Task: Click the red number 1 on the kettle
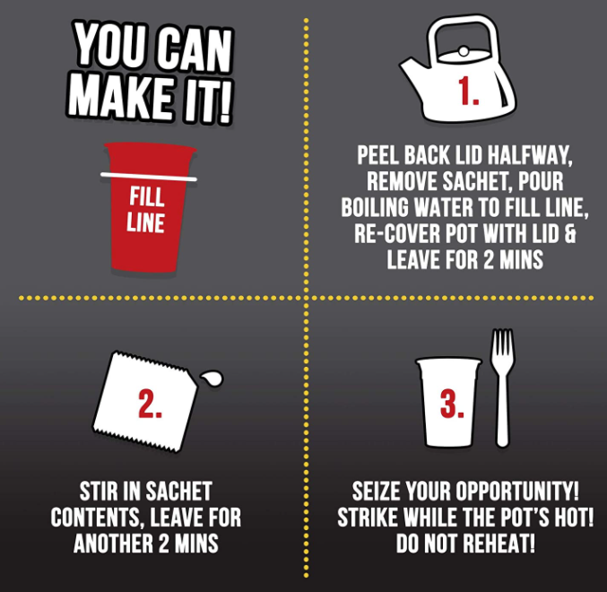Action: (468, 91)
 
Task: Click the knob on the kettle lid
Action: (463, 51)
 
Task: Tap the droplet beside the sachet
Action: (212, 378)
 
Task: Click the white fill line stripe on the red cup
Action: (149, 177)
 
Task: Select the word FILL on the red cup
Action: (147, 196)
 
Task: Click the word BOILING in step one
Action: (375, 207)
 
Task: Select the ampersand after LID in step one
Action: (570, 233)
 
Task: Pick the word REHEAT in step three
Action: (499, 543)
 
